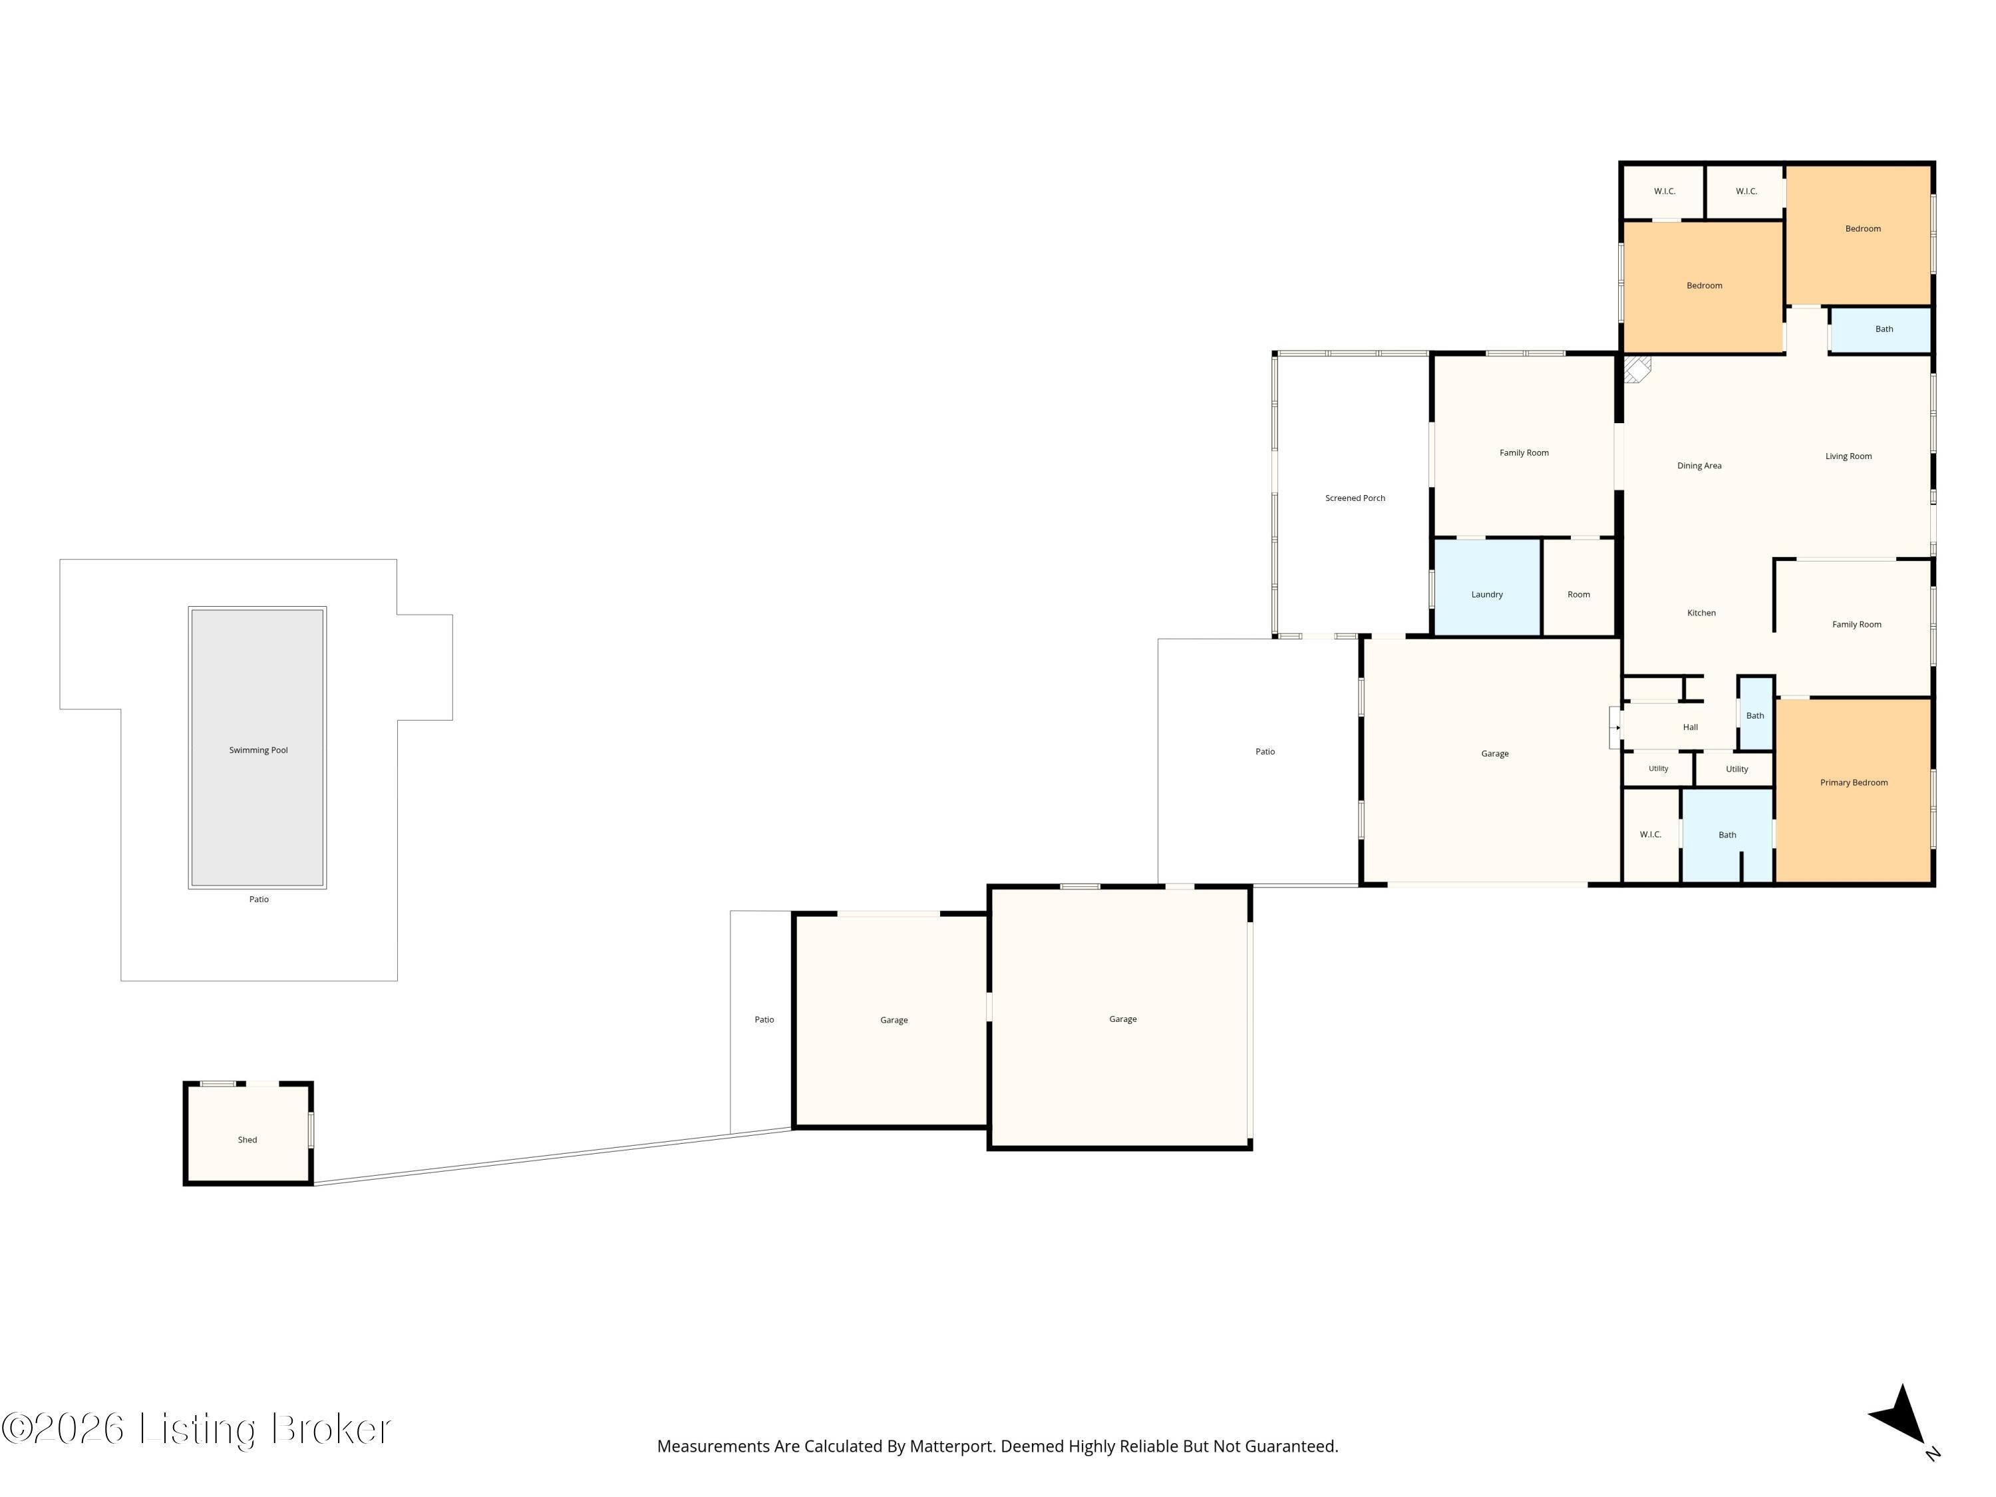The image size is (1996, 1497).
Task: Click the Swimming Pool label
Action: point(258,750)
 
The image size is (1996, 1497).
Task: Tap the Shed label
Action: point(248,1140)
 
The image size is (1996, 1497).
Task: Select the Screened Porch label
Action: point(1355,498)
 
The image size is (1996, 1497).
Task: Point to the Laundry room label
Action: point(1487,595)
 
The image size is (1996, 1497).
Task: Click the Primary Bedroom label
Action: point(1854,782)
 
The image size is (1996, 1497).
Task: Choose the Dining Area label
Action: point(1699,466)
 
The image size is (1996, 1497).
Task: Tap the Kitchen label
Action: point(1702,613)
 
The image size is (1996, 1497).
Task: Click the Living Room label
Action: point(1848,456)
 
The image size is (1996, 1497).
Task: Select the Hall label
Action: point(1690,727)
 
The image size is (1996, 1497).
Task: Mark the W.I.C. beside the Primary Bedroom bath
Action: point(1651,835)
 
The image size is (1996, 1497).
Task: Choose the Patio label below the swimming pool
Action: point(259,899)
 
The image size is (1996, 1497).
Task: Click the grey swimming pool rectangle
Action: point(257,747)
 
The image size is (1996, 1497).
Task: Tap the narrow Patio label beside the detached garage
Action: point(764,1020)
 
